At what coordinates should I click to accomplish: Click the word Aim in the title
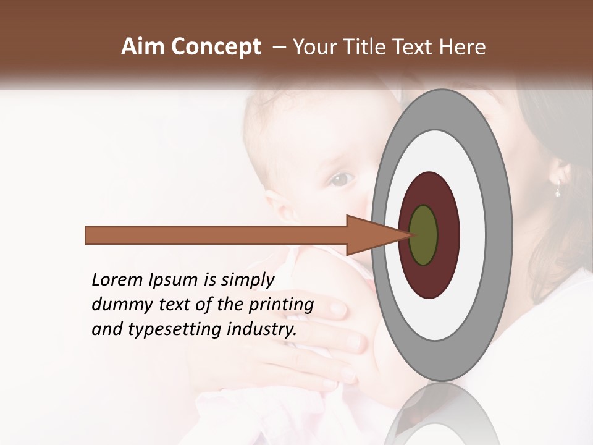pyautogui.click(x=143, y=47)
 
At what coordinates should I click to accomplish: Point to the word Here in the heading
pyautogui.click(x=463, y=47)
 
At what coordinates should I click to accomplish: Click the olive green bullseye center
pyautogui.click(x=423, y=235)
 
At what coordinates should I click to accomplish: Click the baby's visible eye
pyautogui.click(x=342, y=180)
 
